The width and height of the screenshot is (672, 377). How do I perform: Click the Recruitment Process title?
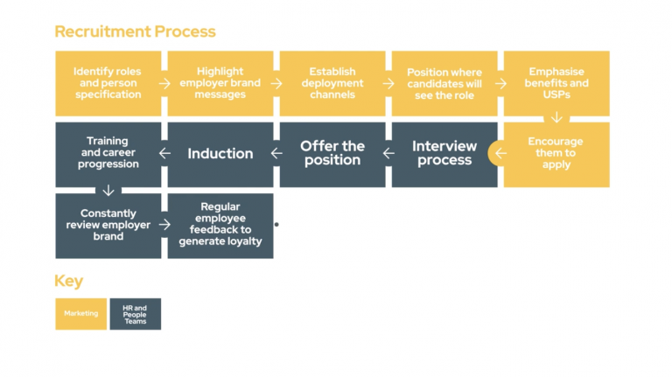coord(135,31)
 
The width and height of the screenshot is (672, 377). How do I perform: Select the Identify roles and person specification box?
coord(108,83)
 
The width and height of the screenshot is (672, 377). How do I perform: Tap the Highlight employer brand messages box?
coord(220,83)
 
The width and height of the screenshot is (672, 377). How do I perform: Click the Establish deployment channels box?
coord(332,83)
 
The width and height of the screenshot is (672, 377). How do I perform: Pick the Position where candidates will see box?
coord(444,83)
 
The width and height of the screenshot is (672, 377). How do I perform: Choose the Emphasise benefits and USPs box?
coord(556,83)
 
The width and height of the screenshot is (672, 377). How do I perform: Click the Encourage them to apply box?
coord(556,154)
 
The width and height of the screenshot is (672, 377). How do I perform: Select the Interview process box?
coord(444,154)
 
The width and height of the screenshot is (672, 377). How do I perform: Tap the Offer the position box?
coord(332,154)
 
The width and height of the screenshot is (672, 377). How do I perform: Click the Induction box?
coord(220,154)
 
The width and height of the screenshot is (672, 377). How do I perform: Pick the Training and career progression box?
coord(108,154)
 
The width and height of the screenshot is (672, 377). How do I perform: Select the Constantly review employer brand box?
coord(108,226)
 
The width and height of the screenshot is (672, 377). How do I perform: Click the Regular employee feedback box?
coord(220,226)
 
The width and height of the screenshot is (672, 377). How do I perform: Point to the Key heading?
coord(69,282)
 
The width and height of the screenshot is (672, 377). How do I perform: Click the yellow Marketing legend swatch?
coord(81,313)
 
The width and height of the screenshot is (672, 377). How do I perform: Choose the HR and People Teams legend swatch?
coord(135,313)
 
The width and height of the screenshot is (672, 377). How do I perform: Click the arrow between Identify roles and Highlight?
coord(164,84)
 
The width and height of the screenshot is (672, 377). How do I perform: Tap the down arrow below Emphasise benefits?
coord(556,118)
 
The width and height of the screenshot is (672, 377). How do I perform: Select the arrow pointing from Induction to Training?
coord(164,154)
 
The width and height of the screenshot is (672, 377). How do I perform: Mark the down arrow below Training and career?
coord(108,190)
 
